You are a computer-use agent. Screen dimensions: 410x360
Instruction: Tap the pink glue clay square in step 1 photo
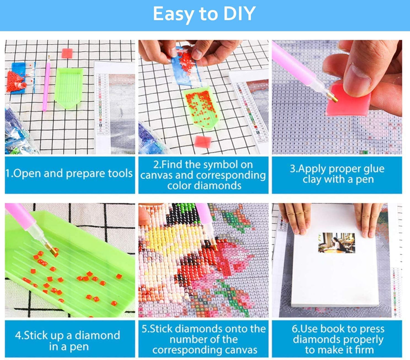(67, 53)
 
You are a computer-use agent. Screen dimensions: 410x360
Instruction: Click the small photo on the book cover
(336, 243)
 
